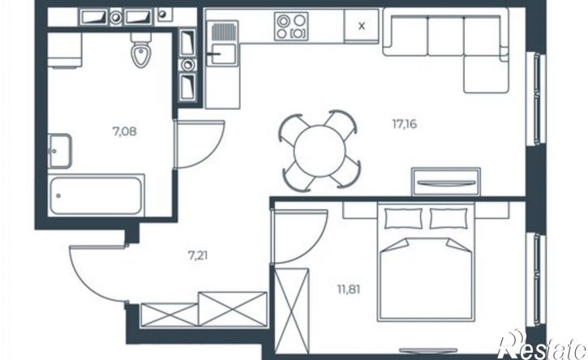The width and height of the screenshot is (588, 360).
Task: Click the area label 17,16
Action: coord(405,124)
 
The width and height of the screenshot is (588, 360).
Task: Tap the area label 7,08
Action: coord(125,131)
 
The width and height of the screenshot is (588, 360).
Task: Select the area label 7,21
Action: coord(198,255)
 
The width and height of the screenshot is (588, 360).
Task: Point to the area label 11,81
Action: coord(349,290)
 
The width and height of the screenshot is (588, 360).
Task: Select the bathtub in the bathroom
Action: coord(96,195)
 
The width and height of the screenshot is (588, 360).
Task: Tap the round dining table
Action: coord(320,151)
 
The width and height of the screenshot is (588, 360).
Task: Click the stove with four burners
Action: coord(291,26)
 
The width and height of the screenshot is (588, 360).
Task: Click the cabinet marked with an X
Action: coord(362,26)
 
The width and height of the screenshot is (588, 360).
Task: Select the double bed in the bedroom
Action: coord(426,262)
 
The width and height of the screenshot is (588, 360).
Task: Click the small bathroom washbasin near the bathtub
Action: coord(59,151)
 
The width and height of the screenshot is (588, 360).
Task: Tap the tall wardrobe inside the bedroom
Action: coord(292,311)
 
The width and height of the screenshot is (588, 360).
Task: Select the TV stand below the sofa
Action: coord(446,182)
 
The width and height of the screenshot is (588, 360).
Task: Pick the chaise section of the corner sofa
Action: coord(486,75)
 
